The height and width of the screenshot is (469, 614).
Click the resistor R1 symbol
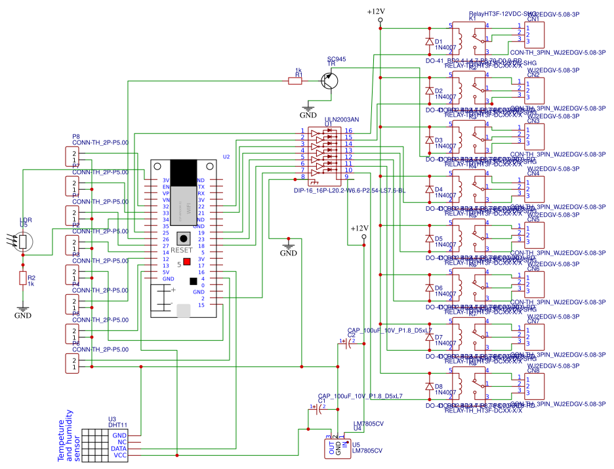[x=297, y=81]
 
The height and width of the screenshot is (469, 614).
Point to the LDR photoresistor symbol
[x=23, y=241]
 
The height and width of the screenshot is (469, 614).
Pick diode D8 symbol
[x=430, y=386]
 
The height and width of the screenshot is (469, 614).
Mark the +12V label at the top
[x=376, y=12]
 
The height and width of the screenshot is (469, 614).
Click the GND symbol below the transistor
[x=308, y=110]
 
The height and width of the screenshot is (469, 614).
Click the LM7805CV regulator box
[x=338, y=448]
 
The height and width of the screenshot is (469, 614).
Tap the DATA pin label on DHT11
[x=119, y=449]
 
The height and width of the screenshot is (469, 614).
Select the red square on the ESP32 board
[x=187, y=261]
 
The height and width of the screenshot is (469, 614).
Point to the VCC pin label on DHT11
[x=120, y=455]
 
